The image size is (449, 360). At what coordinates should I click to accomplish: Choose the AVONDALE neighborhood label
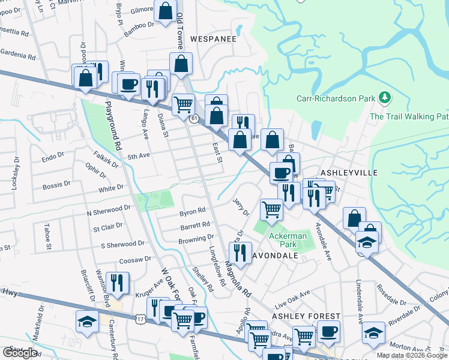[x=274, y=256]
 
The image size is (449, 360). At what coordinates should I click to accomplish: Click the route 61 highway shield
[x=193, y=119]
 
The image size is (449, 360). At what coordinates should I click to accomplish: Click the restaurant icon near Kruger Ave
[x=117, y=283]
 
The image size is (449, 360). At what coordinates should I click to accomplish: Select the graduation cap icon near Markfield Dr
[x=88, y=321]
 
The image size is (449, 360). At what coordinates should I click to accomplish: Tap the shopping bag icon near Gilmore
[x=166, y=10]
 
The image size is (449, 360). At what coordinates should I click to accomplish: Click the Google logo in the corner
[x=20, y=353]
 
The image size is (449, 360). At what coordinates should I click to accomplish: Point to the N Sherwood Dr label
[x=108, y=210]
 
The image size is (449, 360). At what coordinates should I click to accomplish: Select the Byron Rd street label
[x=193, y=211]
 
